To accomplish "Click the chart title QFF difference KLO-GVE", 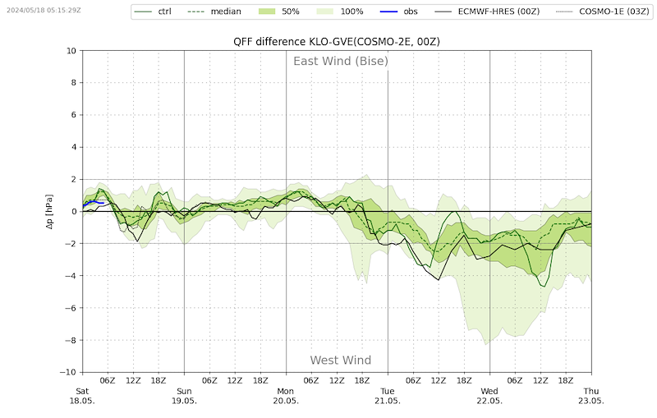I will tap(337, 42).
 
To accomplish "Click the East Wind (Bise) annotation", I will tap(341, 61).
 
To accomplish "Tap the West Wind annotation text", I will tap(340, 360).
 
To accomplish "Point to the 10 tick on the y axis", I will tap(71, 51).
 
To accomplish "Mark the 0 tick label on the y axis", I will tap(73, 212).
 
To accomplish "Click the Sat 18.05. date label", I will tap(82, 396).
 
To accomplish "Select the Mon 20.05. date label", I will tap(286, 396).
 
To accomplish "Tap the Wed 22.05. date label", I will tap(489, 396).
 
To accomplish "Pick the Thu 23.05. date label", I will tap(591, 396).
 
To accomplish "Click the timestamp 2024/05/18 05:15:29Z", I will tap(43, 10).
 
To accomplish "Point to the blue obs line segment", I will tap(92, 201).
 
